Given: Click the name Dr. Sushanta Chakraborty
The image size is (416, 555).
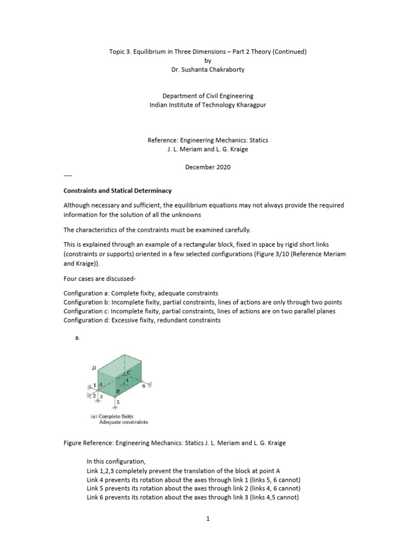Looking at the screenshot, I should point(208,70).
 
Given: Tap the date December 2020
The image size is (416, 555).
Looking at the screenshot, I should point(208,167).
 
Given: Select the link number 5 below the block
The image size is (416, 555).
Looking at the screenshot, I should point(118,403).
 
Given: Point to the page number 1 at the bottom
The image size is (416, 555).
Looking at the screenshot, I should point(207,519).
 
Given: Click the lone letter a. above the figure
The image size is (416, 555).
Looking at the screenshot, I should point(77,338).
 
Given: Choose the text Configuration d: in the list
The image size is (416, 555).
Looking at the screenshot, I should point(89,320).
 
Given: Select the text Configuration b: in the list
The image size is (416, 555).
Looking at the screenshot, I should point(89,302).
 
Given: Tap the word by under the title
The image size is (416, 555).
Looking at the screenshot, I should point(208,61).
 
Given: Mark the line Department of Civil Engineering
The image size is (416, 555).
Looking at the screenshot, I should point(208,96).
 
